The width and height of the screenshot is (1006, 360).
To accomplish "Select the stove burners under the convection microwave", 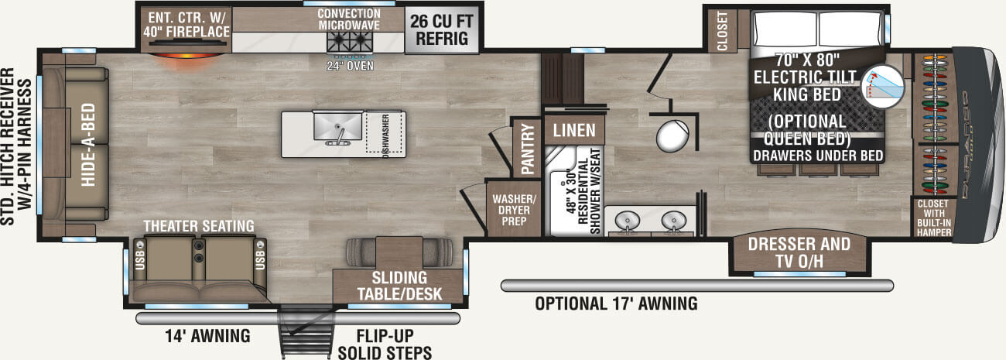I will [x=349, y=43].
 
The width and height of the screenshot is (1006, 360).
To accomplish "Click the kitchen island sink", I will [x=337, y=126].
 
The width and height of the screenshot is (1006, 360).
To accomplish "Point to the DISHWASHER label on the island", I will [x=385, y=135].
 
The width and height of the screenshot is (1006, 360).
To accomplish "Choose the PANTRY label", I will [x=527, y=149].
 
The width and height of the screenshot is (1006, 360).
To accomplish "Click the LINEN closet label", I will [x=574, y=129].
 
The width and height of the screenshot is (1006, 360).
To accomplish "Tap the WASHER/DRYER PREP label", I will [x=511, y=209].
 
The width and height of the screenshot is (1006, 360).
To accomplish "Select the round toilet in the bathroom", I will [x=670, y=135].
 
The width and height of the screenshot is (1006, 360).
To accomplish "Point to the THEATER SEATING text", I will [x=199, y=225].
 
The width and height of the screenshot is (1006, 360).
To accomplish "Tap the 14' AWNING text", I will [x=207, y=336].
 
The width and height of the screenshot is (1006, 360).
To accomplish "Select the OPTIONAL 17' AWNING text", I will [x=616, y=303].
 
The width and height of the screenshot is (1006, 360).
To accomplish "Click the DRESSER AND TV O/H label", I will [x=799, y=252].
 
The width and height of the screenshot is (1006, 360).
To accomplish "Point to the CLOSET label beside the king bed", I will [x=723, y=31].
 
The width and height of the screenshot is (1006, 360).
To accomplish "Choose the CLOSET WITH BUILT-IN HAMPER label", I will [x=934, y=217].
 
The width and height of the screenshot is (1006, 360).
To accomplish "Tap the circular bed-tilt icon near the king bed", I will [x=884, y=85].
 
